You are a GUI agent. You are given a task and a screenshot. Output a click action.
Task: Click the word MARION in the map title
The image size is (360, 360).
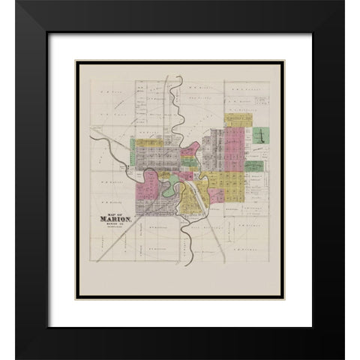115,219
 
